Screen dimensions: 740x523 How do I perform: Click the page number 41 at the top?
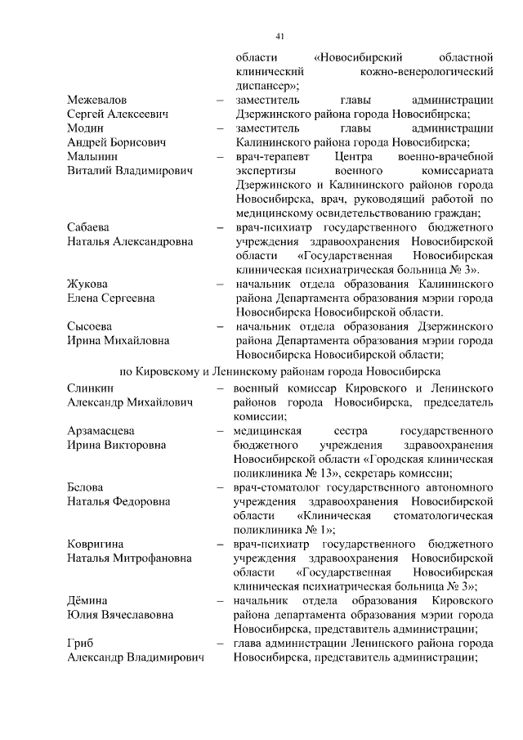click(279, 36)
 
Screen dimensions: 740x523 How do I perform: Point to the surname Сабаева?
click(89, 226)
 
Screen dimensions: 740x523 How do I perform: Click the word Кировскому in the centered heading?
click(172, 370)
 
